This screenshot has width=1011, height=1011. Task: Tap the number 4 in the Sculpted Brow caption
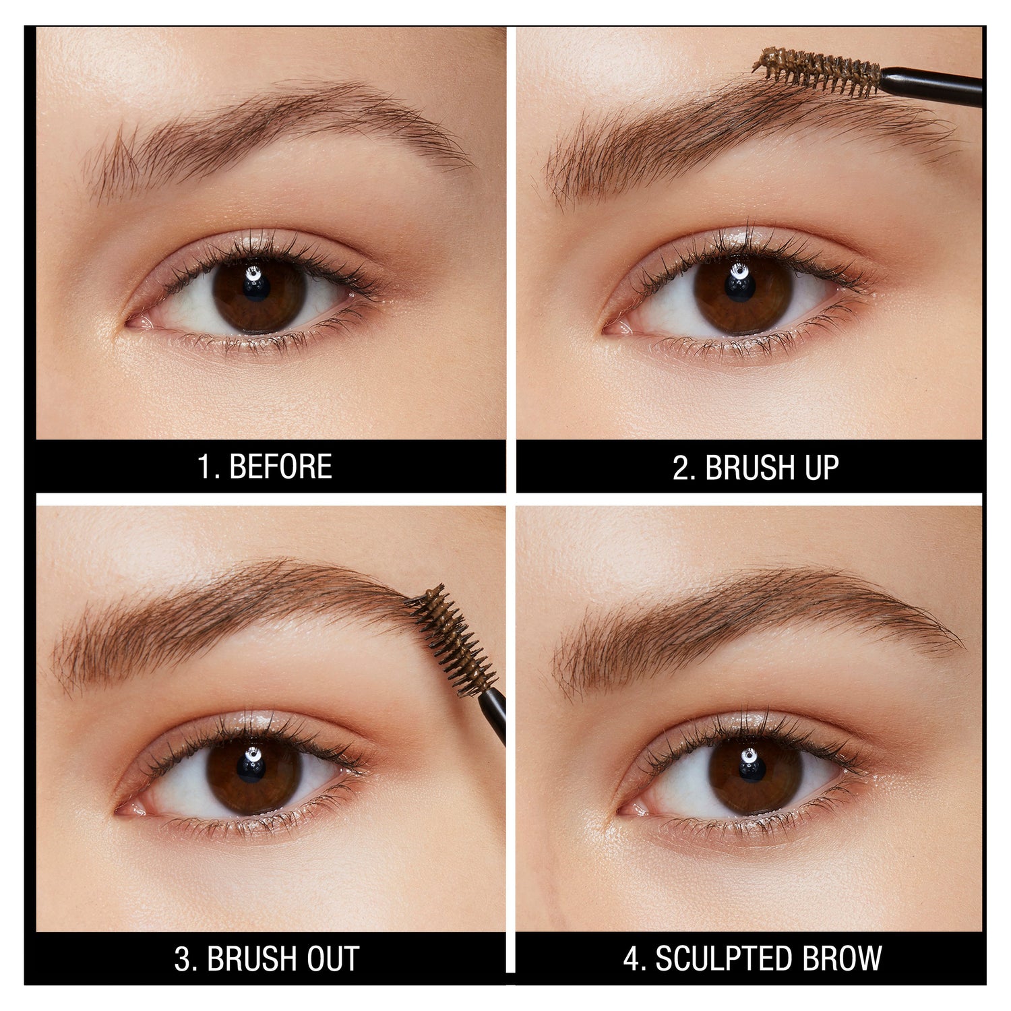click(632, 958)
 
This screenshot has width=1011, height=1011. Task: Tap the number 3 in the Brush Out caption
click(183, 958)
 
